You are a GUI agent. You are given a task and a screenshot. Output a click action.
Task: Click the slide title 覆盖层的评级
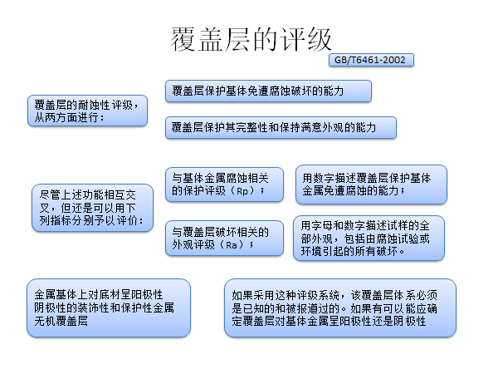click(x=251, y=39)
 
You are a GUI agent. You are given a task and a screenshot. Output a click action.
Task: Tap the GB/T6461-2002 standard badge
click(x=371, y=60)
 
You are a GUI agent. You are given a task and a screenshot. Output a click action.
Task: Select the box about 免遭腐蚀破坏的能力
click(x=268, y=91)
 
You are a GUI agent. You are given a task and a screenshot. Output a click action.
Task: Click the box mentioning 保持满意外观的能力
click(x=281, y=127)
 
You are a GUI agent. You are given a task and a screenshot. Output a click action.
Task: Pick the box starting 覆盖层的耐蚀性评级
click(x=88, y=111)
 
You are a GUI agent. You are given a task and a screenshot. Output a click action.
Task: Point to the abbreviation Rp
click(x=242, y=191)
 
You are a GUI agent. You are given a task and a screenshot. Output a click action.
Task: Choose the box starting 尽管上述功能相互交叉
click(x=92, y=208)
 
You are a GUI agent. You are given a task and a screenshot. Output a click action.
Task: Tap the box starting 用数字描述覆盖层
click(x=371, y=185)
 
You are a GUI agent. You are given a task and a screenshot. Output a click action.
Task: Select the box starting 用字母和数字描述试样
click(x=369, y=239)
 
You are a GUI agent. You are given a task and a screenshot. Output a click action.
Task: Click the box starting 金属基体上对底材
click(x=109, y=308)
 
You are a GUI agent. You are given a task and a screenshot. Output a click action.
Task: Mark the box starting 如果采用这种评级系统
click(x=340, y=308)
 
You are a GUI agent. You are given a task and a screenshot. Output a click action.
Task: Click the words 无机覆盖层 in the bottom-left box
click(x=61, y=321)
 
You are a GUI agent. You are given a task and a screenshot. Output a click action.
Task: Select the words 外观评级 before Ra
click(x=193, y=245)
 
